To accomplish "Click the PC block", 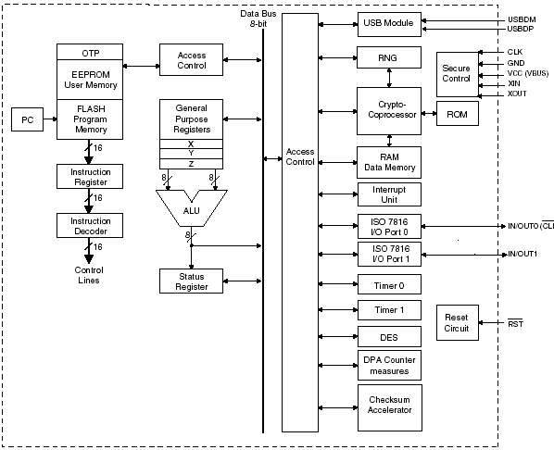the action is [27, 119].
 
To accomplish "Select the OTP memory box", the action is [90, 52].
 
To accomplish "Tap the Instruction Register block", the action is [90, 176].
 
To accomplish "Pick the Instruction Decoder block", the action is [90, 225].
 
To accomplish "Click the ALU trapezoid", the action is [192, 211].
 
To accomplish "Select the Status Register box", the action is [191, 281].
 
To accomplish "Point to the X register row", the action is [191, 144].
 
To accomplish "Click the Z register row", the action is [191, 164].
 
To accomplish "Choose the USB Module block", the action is [389, 24].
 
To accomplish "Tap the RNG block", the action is [389, 57].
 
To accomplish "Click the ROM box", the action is [458, 113].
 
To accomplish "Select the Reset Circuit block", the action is [458, 322].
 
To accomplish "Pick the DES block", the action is [389, 337].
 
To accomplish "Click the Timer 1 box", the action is [389, 310].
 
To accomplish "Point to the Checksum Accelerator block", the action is [390, 407].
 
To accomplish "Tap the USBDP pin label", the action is [521, 29].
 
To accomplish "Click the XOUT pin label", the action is [517, 94].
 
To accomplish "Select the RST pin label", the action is [515, 323].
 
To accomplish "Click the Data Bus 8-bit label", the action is [258, 19].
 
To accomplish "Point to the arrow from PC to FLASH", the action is [50, 119].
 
